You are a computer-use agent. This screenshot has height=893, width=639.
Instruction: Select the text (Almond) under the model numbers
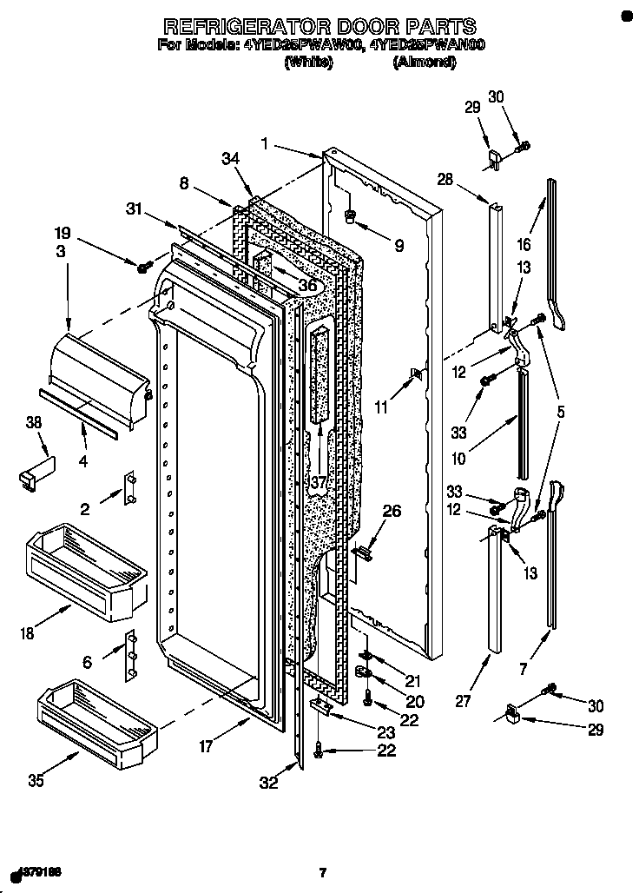click(x=424, y=62)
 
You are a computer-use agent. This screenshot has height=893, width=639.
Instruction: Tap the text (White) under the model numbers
click(x=308, y=62)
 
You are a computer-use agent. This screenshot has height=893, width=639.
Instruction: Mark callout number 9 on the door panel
click(x=399, y=246)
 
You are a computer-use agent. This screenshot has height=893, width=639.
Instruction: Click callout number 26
click(x=392, y=512)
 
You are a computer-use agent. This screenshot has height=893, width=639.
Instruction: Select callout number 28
click(x=445, y=180)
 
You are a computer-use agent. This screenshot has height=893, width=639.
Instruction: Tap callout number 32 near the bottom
click(x=269, y=783)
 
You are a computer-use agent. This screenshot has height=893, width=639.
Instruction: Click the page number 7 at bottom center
click(x=322, y=872)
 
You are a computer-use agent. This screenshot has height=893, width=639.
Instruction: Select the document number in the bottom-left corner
click(x=38, y=870)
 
